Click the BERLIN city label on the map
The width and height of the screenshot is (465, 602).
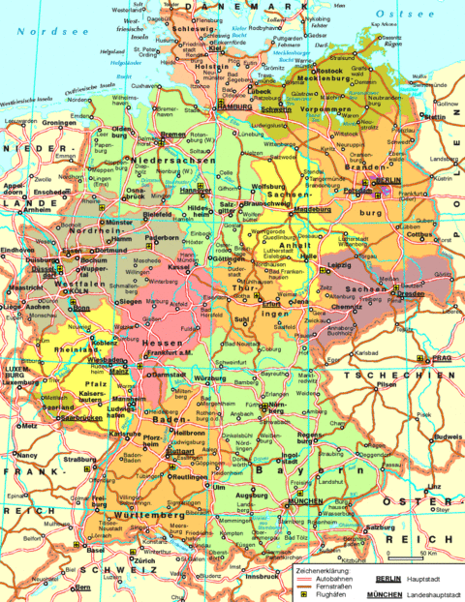[389, 181]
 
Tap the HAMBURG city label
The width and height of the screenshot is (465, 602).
[239, 107]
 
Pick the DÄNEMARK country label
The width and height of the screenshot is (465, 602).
[234, 8]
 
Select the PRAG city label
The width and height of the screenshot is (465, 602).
[442, 358]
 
